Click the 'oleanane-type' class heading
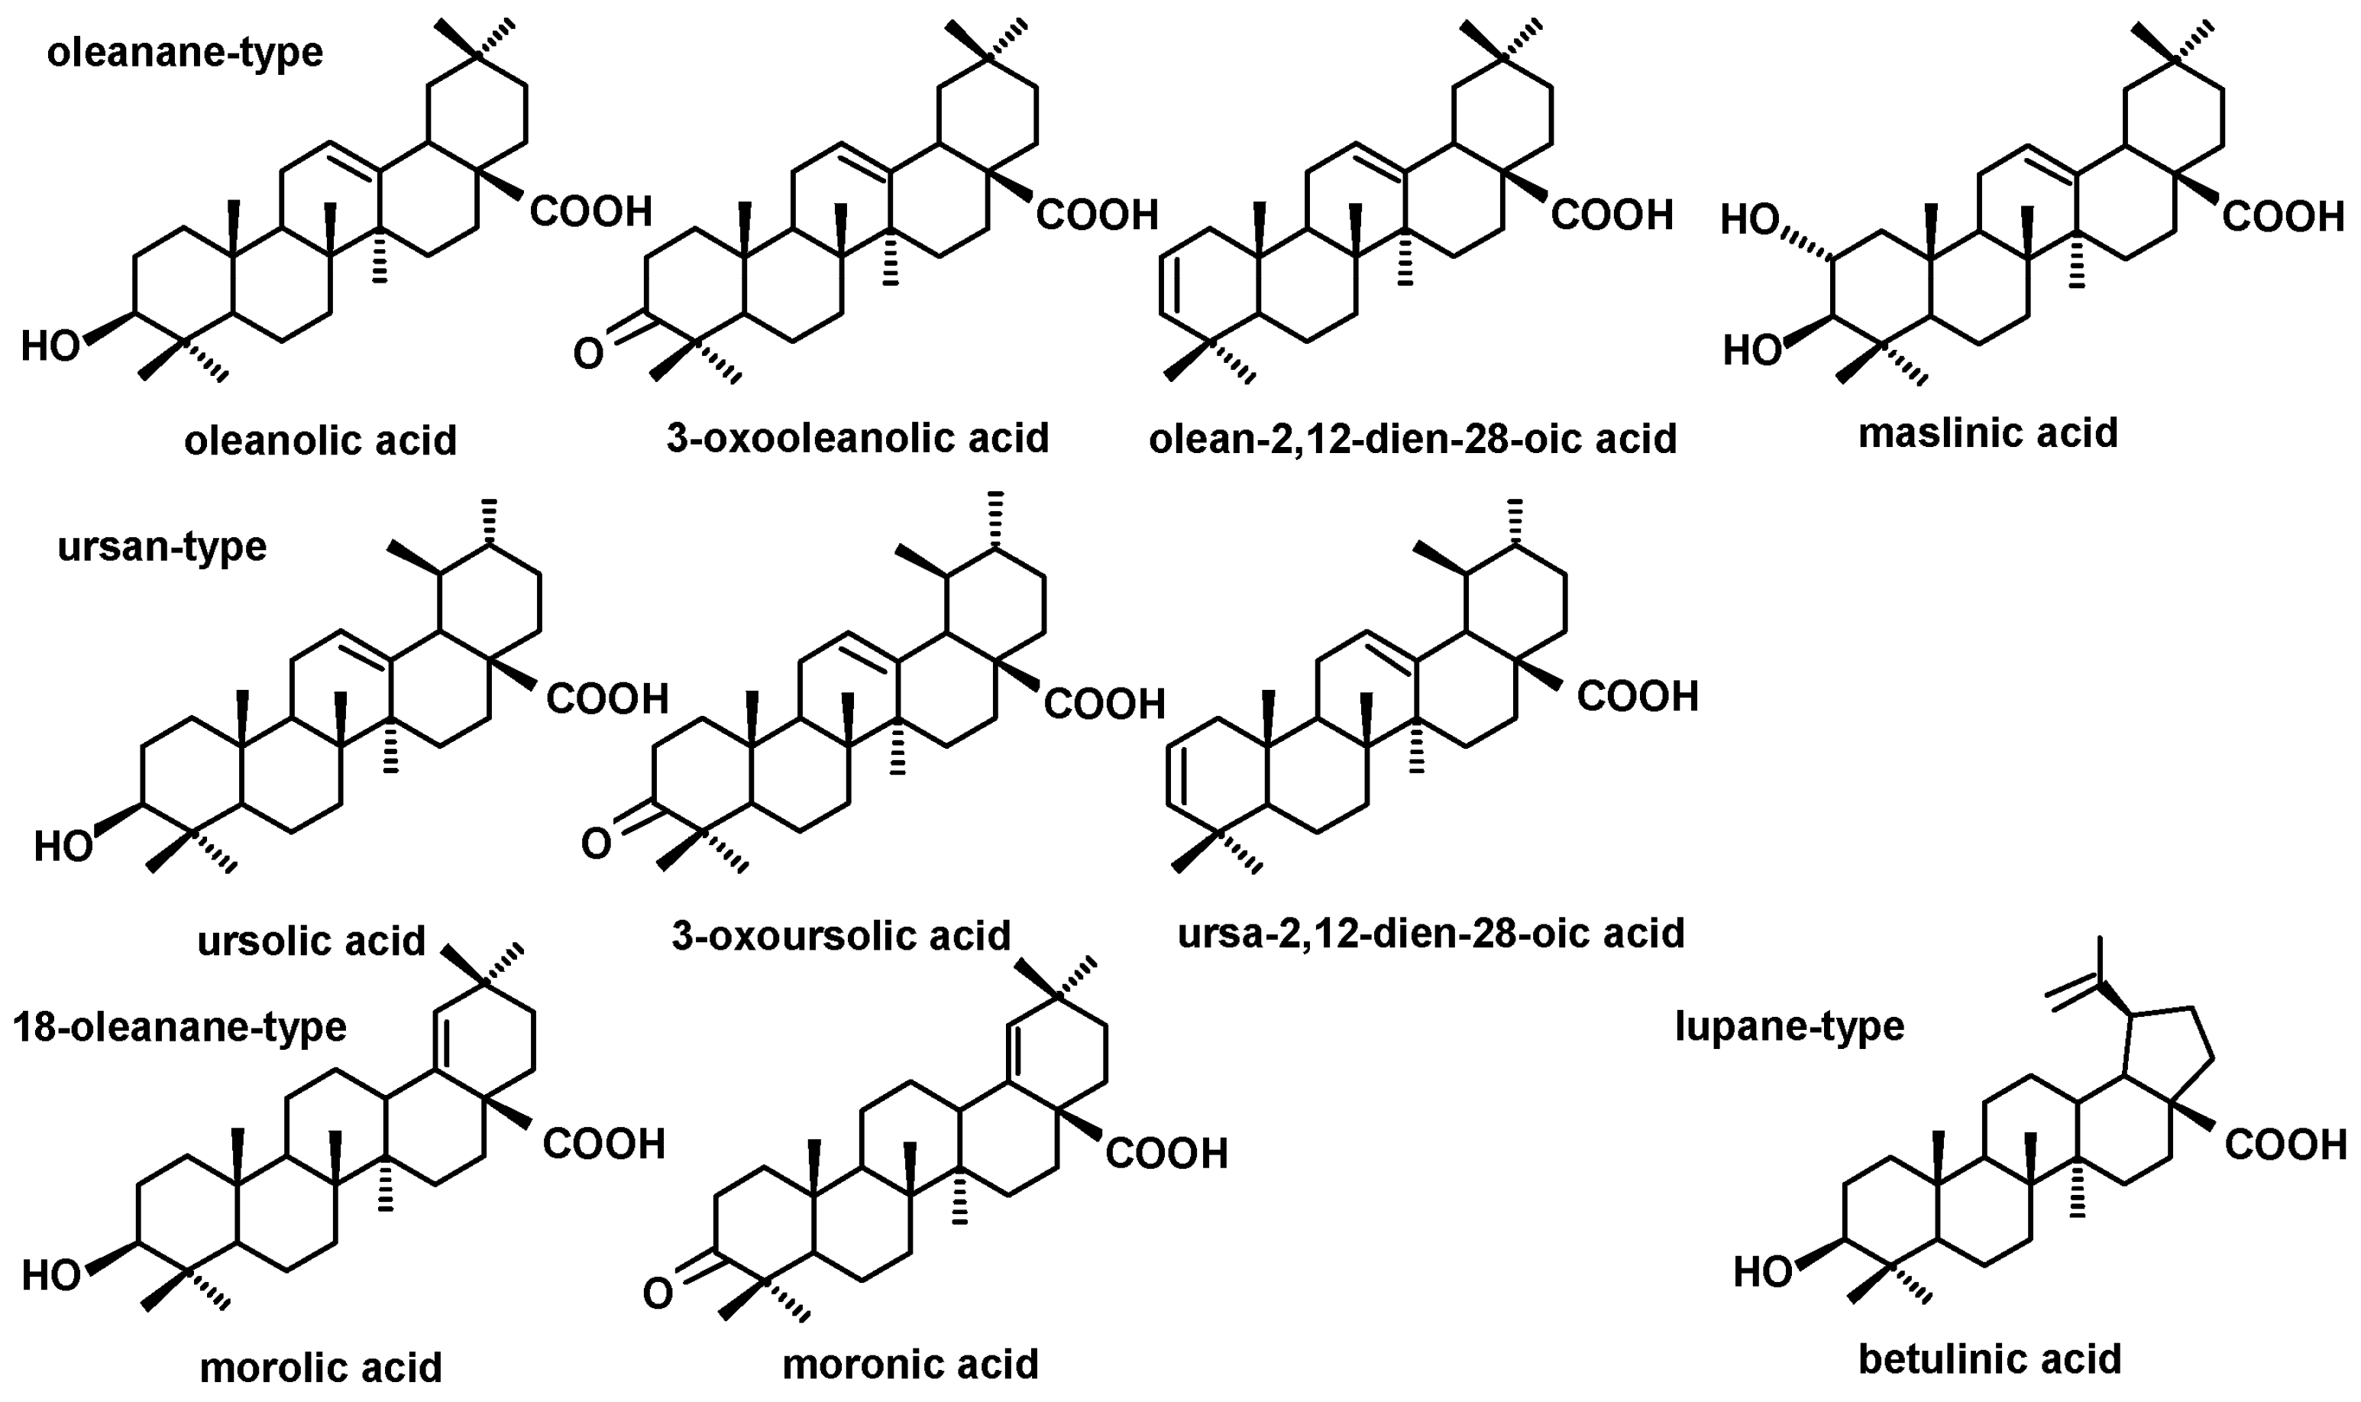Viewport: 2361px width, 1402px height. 184,53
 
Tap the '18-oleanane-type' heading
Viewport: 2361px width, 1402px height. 180,1027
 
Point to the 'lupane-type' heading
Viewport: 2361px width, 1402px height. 1789,1026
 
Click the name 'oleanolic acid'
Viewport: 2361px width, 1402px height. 320,440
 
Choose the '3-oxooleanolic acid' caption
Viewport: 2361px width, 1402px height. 858,438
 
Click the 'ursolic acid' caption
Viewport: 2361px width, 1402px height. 311,941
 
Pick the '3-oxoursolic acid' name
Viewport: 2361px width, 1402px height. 840,935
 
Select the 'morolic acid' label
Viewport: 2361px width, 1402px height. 320,1366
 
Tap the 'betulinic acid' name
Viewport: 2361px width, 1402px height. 1989,1359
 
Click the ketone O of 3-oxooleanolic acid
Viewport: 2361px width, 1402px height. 587,355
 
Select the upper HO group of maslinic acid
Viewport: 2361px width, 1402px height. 1749,220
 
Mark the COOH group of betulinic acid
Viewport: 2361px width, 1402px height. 2285,1146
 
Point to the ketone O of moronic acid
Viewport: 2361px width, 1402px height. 658,1294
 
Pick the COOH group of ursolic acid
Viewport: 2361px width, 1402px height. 606,700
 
